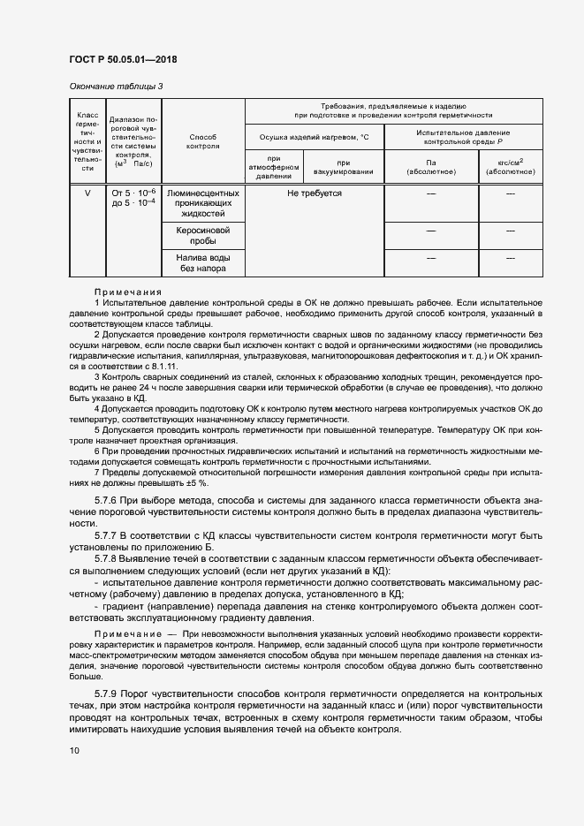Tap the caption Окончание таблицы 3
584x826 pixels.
click(116, 86)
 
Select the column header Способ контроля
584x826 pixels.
click(203, 142)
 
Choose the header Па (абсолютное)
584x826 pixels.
click(430, 167)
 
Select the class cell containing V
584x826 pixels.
click(87, 193)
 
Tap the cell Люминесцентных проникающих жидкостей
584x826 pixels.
click(203, 203)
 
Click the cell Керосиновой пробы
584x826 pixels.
click(203, 235)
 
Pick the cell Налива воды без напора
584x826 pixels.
click(203, 262)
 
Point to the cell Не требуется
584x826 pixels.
click(314, 193)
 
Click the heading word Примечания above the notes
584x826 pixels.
click(128, 292)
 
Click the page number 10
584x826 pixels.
click(74, 750)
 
